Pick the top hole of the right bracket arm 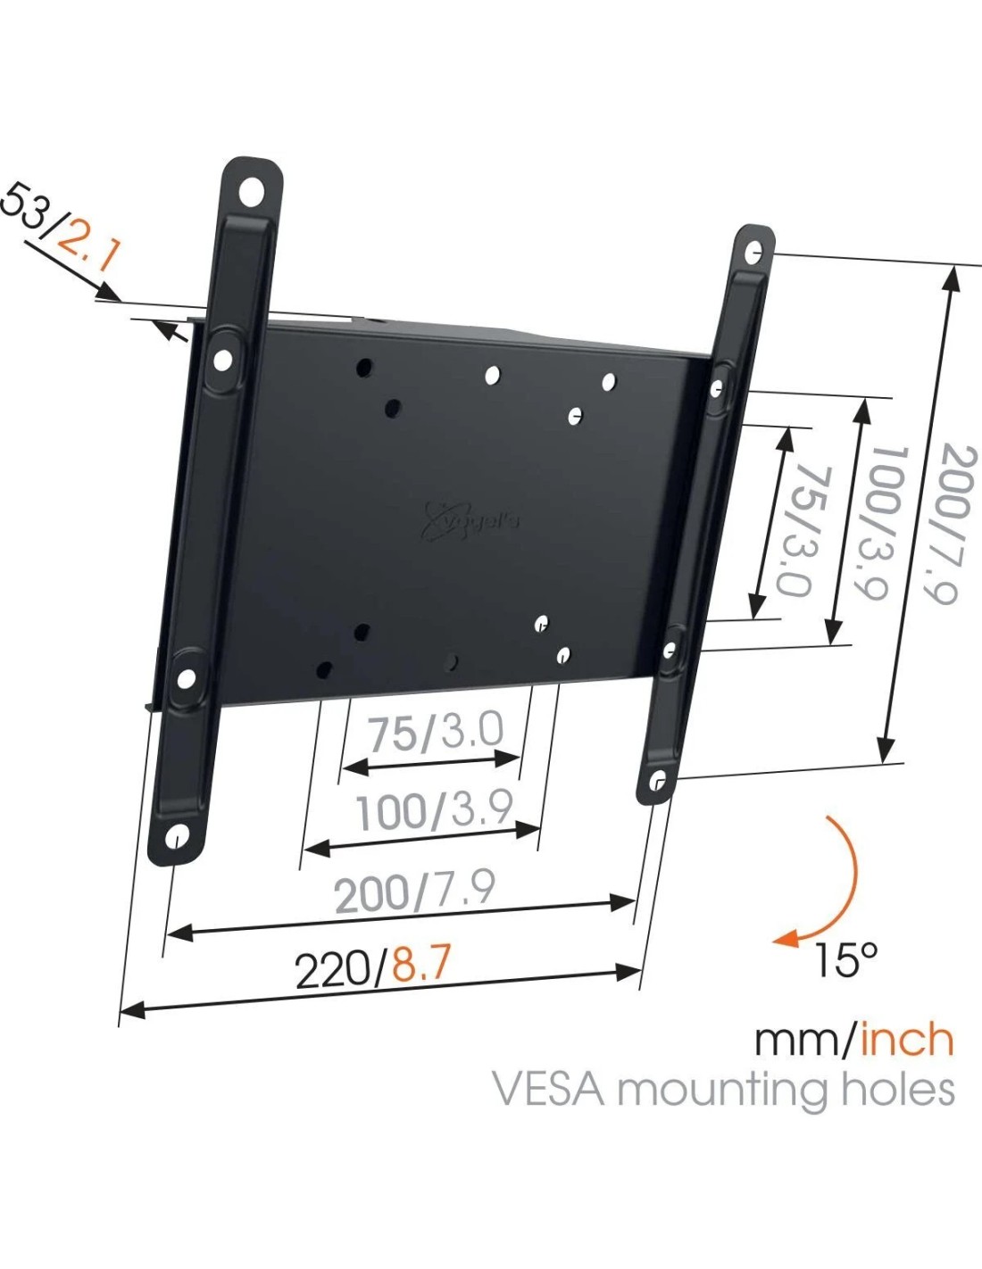tap(754, 253)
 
